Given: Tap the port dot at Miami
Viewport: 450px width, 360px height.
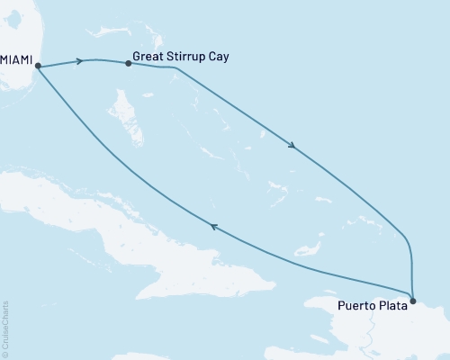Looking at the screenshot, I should (x=38, y=66).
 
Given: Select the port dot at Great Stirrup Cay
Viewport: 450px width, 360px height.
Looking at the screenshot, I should (x=128, y=65).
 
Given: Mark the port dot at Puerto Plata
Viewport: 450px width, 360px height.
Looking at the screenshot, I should (x=412, y=300).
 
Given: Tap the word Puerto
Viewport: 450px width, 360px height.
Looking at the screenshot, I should (x=357, y=306).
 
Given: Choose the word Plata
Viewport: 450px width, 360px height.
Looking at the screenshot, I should (x=392, y=306).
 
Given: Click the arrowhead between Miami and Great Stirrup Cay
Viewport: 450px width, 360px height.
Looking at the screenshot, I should (x=81, y=61).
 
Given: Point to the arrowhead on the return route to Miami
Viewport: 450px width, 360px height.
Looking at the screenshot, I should (x=213, y=228).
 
